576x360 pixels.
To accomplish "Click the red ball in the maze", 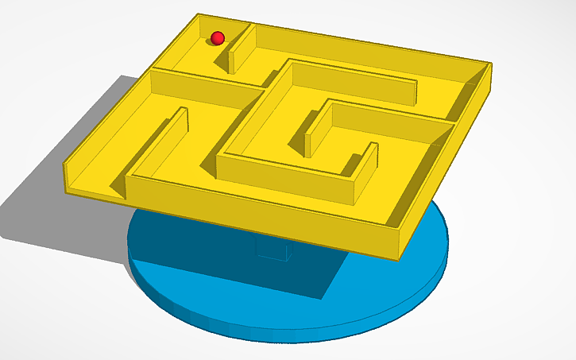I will [x=217, y=37].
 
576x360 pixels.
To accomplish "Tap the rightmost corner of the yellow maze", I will [x=491, y=64].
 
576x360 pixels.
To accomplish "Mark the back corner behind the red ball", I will [x=195, y=16].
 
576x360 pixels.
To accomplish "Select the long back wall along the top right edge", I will [x=373, y=44].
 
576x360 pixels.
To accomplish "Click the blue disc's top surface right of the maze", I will [x=433, y=238].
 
